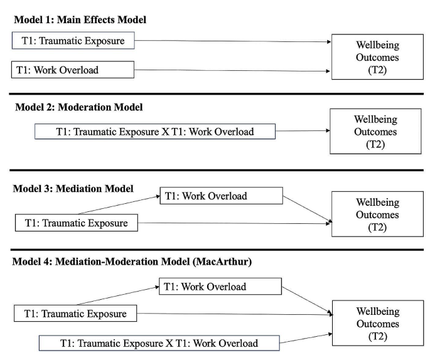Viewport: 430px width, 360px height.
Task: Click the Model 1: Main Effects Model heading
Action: point(80,19)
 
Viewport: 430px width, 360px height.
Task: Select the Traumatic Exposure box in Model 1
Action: point(73,42)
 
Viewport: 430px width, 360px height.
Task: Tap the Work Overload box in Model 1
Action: point(73,70)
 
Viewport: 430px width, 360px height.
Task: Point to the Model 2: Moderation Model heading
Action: point(79,107)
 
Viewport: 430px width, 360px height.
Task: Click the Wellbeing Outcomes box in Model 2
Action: point(375,132)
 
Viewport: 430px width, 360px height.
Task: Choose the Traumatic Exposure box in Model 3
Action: point(76,223)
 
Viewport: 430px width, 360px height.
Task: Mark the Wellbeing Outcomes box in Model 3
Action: point(377,214)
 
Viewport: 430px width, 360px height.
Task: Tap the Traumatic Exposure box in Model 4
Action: point(76,314)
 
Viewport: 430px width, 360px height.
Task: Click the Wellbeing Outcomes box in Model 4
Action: point(377,324)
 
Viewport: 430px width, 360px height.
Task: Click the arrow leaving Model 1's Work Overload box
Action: point(232,70)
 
